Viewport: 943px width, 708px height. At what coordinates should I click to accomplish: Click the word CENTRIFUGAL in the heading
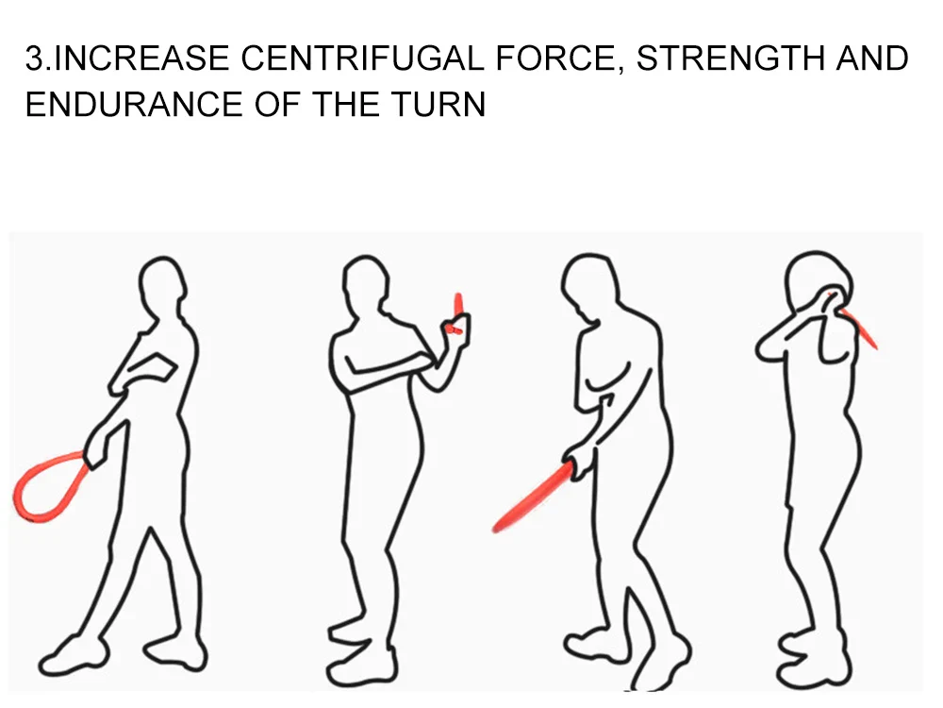pyautogui.click(x=362, y=59)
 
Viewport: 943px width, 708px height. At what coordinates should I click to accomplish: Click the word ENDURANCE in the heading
pyautogui.click(x=134, y=104)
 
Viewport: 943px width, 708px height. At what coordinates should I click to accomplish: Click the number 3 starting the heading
pyautogui.click(x=35, y=59)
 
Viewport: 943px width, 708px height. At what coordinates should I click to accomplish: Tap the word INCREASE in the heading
pyautogui.click(x=142, y=59)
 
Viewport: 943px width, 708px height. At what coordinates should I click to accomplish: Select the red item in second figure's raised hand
pyautogui.click(x=457, y=313)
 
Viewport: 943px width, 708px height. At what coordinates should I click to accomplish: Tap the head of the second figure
pyautogui.click(x=366, y=284)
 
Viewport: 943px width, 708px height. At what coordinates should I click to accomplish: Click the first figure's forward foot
pyautogui.click(x=74, y=655)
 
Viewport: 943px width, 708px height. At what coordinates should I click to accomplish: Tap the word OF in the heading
pyautogui.click(x=276, y=104)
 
